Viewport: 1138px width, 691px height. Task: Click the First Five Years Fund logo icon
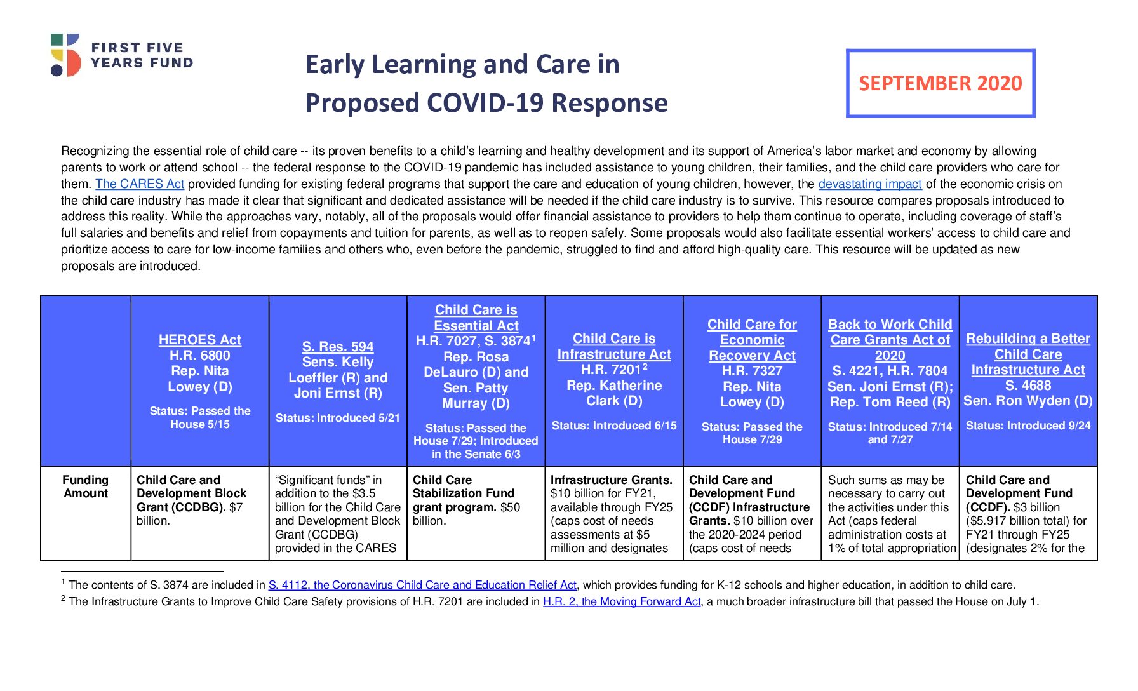pos(65,55)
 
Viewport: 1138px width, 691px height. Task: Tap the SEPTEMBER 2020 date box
pos(941,83)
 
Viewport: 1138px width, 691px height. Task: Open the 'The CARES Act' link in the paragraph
pos(140,184)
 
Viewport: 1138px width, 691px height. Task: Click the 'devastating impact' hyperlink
pos(869,184)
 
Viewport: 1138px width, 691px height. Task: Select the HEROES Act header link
pos(200,340)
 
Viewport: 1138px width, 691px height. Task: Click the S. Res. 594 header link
pos(338,347)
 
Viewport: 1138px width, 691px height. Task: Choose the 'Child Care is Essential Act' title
pos(476,318)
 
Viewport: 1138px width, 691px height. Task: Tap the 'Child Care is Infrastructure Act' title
pos(614,346)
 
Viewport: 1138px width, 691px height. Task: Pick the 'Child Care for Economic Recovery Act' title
pos(752,340)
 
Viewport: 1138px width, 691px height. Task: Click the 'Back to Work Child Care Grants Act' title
pos(890,340)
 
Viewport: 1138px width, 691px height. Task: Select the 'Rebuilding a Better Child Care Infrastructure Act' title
pos(1028,354)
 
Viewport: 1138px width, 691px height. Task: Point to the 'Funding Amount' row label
pos(86,486)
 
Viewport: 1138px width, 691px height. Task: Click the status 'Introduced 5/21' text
pos(338,418)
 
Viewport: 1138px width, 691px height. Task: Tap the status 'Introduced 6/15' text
pos(614,426)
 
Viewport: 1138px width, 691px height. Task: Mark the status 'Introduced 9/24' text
pos(1028,426)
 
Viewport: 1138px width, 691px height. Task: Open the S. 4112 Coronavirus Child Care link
pos(422,585)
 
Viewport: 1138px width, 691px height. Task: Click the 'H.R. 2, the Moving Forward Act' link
pos(622,601)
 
